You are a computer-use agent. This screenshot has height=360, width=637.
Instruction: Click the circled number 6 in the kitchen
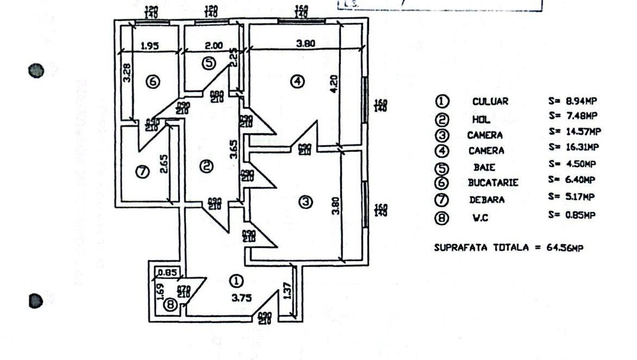pyautogui.click(x=153, y=82)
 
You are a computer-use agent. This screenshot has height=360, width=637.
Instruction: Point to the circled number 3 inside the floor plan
pyautogui.click(x=306, y=202)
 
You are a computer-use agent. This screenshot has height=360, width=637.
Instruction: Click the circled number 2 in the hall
pyautogui.click(x=206, y=166)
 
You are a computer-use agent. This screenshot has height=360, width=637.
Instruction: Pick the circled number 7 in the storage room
pyautogui.click(x=141, y=172)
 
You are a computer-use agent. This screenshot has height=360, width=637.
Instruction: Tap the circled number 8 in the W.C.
pyautogui.click(x=171, y=306)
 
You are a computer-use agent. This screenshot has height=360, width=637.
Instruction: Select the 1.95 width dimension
pyautogui.click(x=149, y=46)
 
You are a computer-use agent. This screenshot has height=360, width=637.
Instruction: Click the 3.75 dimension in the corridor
pyautogui.click(x=238, y=298)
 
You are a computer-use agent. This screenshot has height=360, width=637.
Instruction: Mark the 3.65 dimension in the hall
pyautogui.click(x=233, y=150)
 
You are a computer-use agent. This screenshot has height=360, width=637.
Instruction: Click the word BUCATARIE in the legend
pyautogui.click(x=493, y=183)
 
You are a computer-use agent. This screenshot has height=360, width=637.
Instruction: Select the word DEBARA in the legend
pyautogui.click(x=486, y=200)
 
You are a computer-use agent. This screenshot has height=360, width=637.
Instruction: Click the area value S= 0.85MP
pyautogui.click(x=572, y=215)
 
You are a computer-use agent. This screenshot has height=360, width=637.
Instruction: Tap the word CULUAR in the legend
pyautogui.click(x=490, y=101)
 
